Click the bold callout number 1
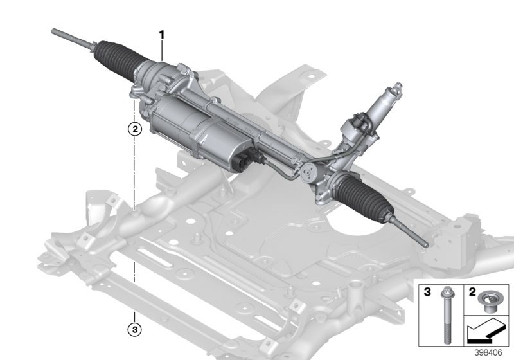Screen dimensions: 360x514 click(163, 33)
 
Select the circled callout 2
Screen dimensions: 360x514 click(134, 129)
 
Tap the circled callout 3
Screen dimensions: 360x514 click(134, 331)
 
